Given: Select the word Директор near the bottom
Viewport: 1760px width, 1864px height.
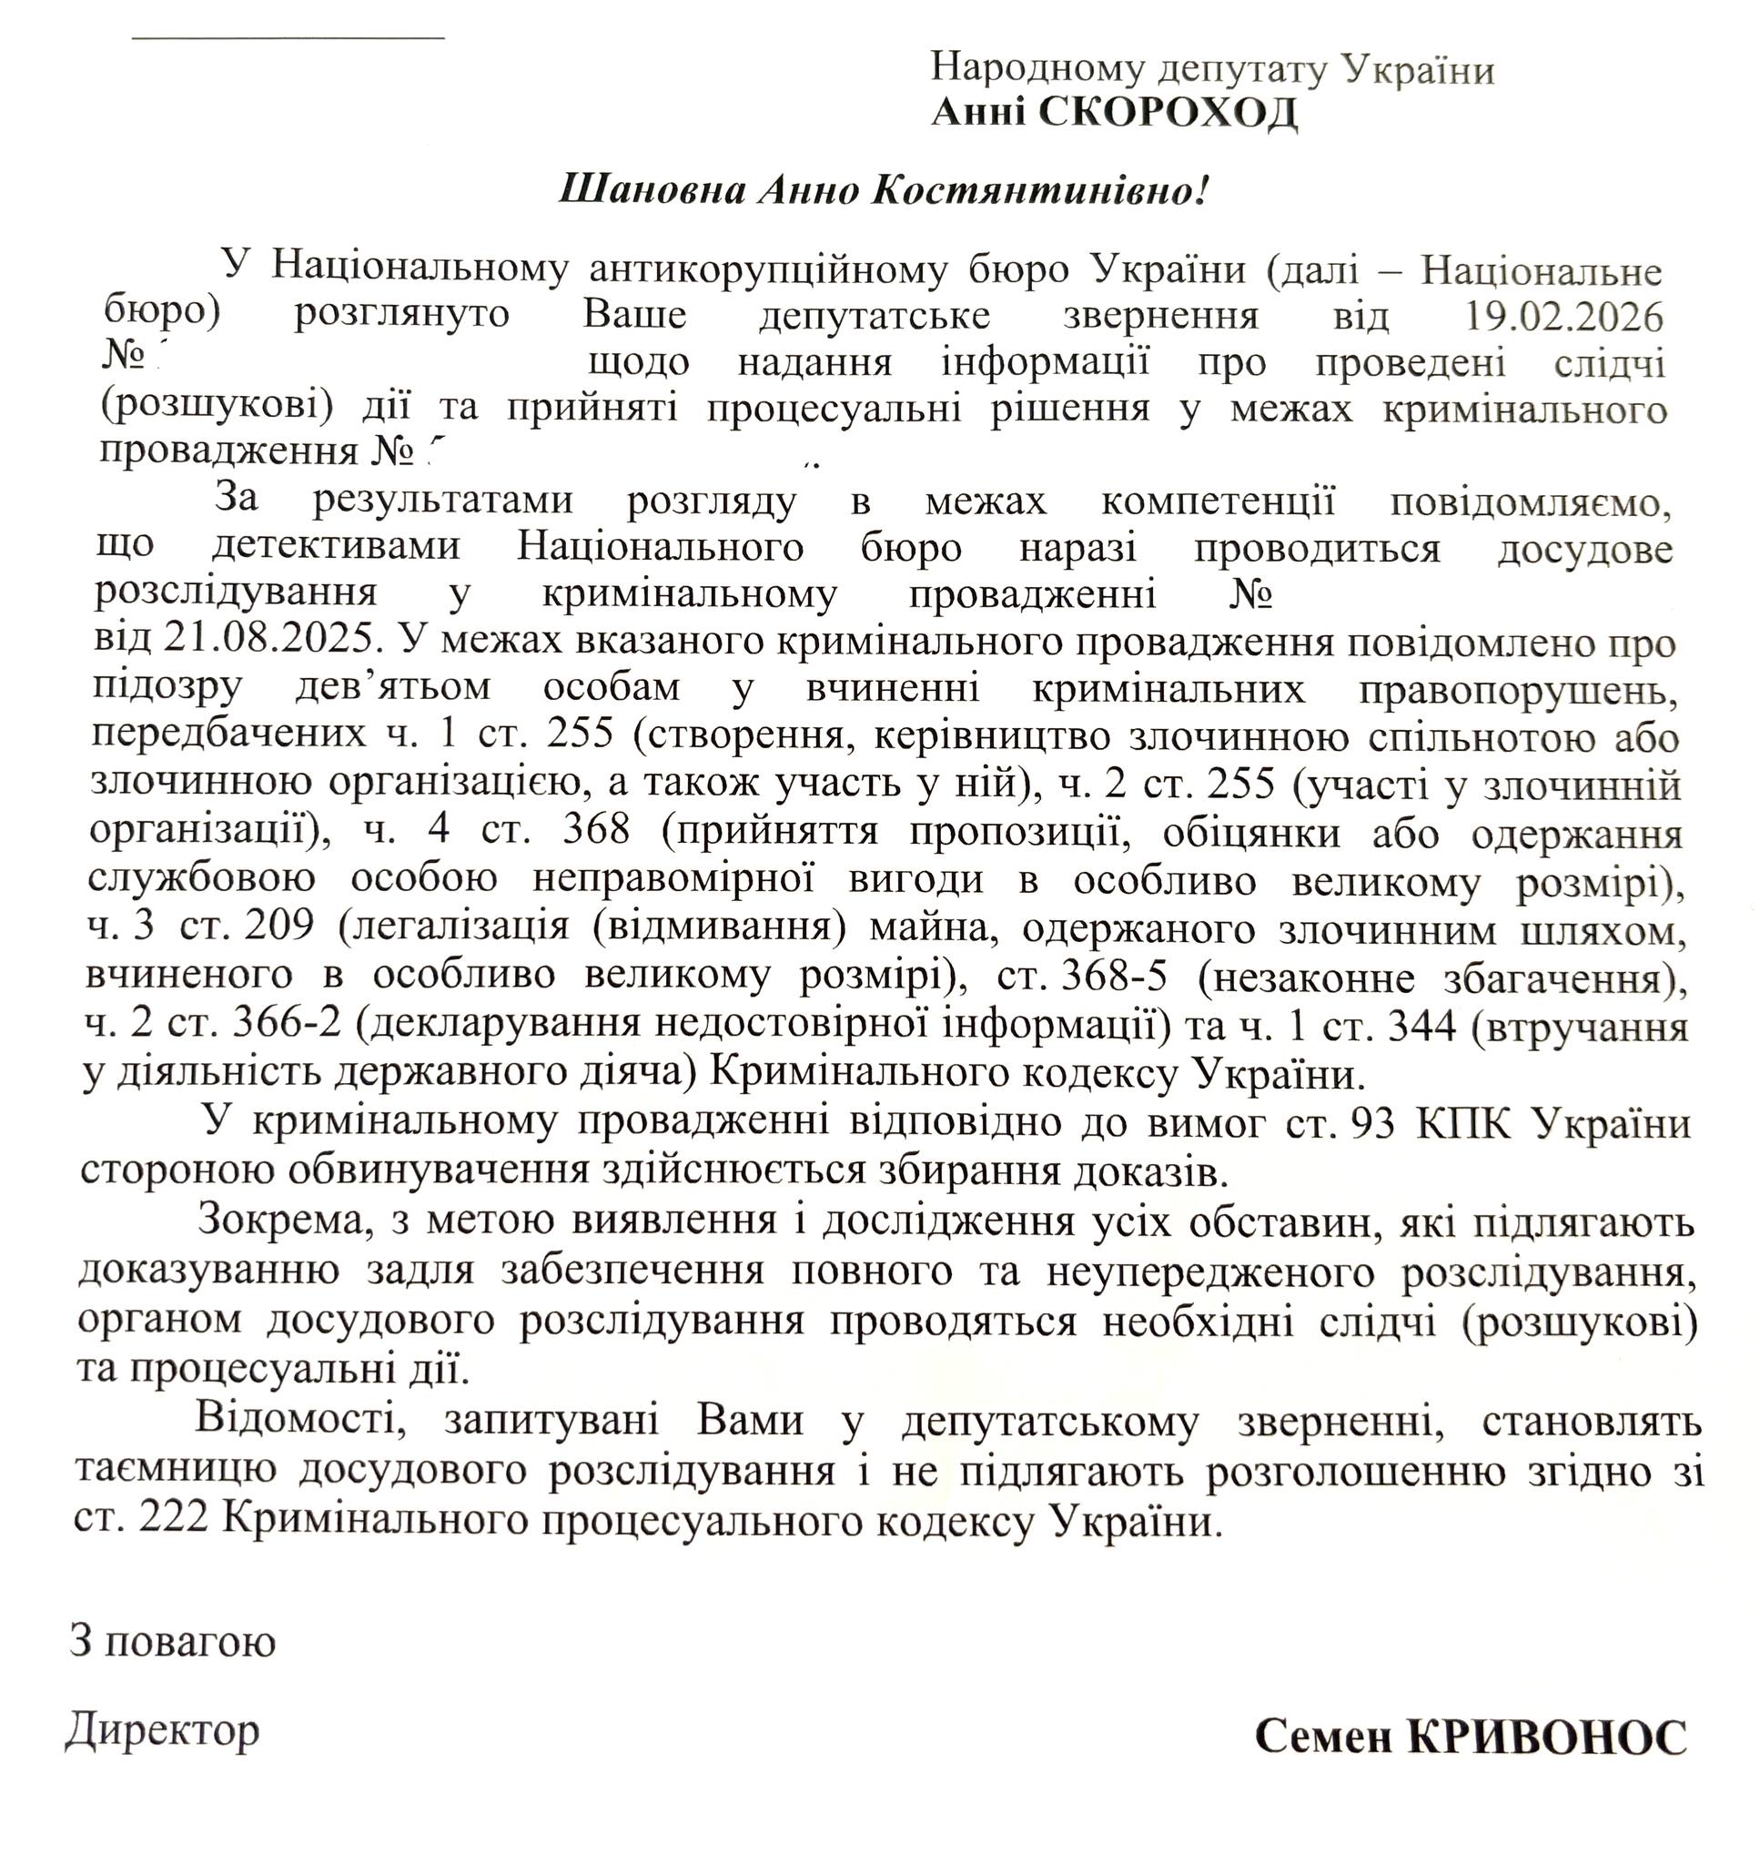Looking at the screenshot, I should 162,1729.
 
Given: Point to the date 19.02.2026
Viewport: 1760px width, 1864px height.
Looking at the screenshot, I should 1564,318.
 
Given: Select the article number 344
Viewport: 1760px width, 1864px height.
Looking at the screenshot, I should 1421,1027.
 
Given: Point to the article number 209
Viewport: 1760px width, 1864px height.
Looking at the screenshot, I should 278,927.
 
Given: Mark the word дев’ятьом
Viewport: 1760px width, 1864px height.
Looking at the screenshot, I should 393,688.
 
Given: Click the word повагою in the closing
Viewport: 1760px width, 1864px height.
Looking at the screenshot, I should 189,1643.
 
